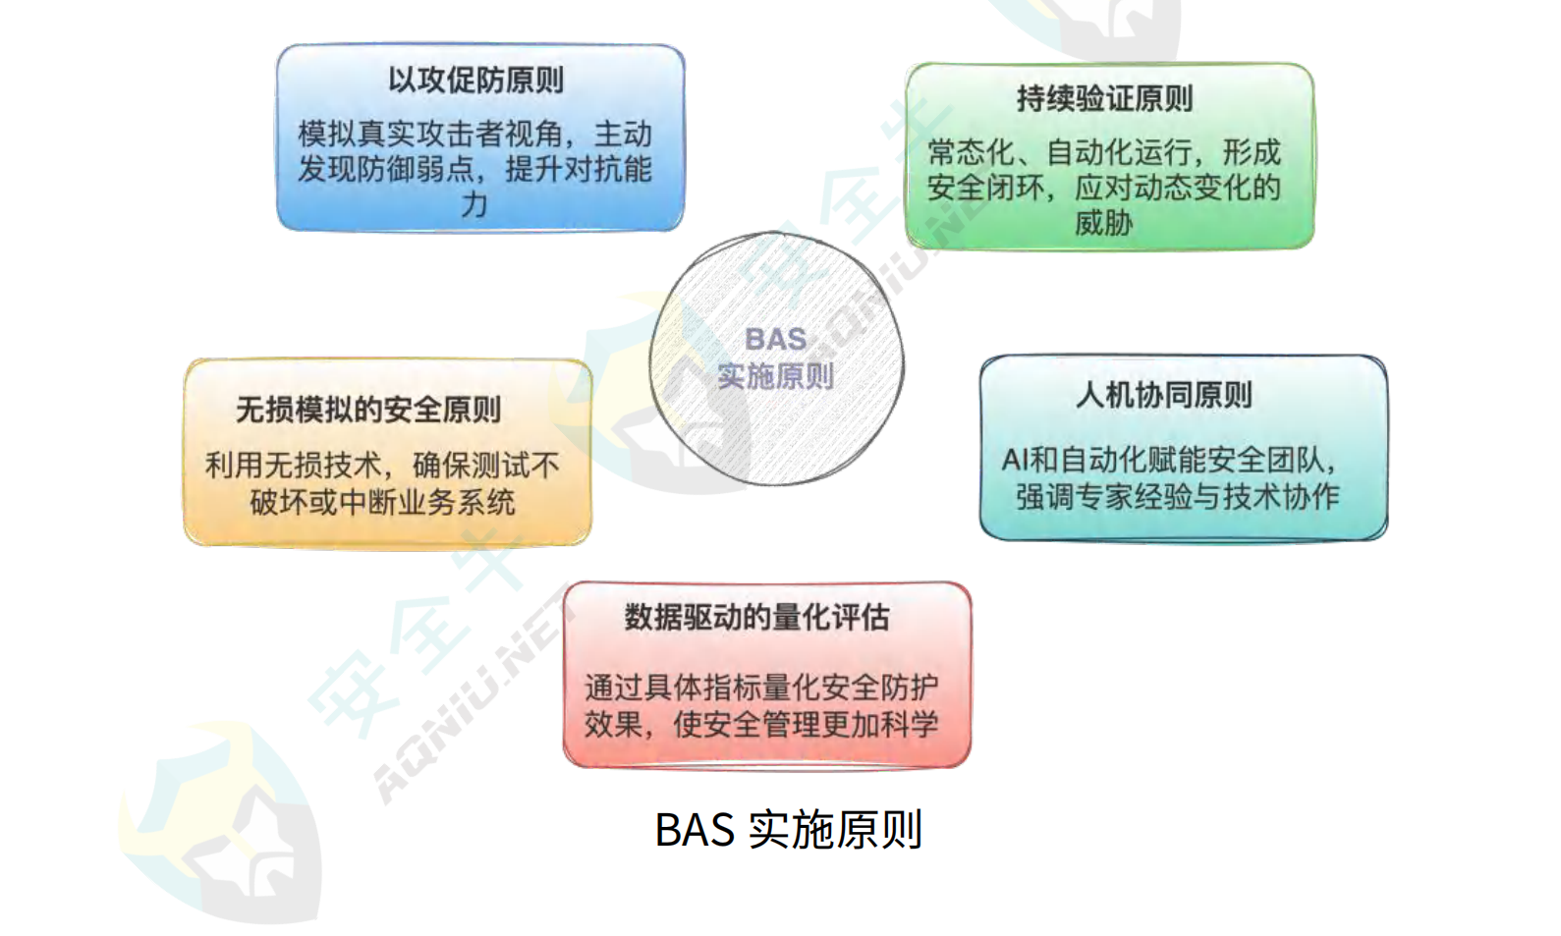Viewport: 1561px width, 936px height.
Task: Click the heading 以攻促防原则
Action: [476, 81]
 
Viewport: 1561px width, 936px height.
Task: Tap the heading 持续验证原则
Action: [1104, 98]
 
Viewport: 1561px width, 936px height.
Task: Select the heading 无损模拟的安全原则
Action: [368, 410]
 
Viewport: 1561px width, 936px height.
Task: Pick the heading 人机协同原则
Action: [1164, 395]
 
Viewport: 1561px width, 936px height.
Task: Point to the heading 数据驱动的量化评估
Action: [756, 618]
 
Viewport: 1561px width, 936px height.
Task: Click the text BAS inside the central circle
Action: [776, 340]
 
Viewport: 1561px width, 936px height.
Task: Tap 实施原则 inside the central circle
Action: [776, 376]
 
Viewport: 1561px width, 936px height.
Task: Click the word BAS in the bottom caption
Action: [695, 829]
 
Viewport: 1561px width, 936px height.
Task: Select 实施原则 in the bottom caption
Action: [836, 829]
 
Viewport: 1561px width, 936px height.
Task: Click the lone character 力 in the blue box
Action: [474, 205]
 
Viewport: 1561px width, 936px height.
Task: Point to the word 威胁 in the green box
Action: [1104, 223]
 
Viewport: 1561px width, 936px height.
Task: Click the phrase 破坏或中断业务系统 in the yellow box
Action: [382, 502]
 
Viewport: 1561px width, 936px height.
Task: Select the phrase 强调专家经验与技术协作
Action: [1177, 496]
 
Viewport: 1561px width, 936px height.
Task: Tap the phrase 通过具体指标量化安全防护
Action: [761, 688]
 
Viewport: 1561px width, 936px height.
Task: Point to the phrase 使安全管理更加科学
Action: [807, 724]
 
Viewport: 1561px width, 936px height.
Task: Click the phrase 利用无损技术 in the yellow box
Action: [294, 465]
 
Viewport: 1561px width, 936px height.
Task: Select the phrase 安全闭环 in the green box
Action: [985, 188]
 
